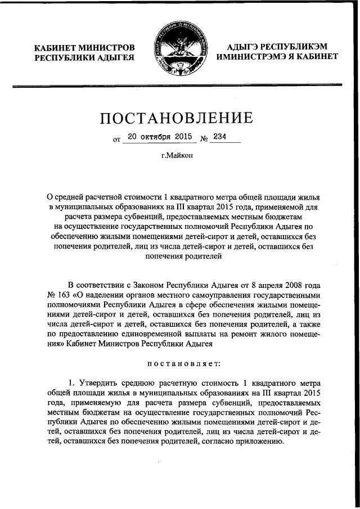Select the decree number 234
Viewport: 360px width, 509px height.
click(x=217, y=137)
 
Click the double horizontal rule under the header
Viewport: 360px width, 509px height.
click(x=179, y=85)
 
